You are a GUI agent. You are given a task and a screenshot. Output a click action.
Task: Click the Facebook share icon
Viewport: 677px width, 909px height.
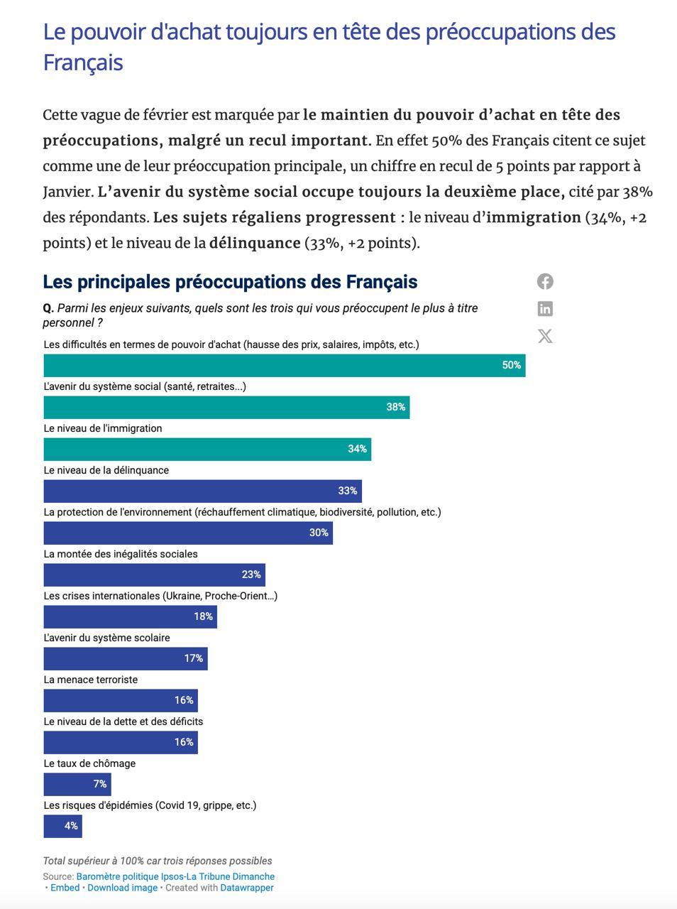pos(545,282)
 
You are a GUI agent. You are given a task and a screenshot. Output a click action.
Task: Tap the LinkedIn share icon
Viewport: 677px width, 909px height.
pos(545,308)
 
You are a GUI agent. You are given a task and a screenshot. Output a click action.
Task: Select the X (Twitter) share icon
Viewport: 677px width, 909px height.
pos(545,336)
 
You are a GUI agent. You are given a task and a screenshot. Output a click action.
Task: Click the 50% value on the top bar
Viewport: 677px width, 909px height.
pos(511,365)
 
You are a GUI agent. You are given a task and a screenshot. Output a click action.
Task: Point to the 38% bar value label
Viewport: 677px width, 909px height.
pos(395,407)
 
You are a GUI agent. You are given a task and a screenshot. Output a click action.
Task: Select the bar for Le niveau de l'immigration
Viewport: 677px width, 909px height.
pos(207,449)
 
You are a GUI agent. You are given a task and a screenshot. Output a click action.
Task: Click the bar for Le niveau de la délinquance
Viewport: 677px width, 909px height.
pos(203,491)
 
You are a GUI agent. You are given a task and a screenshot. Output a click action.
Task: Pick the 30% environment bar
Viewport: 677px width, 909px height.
pos(188,533)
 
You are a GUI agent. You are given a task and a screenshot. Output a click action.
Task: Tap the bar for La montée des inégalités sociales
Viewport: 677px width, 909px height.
pos(155,575)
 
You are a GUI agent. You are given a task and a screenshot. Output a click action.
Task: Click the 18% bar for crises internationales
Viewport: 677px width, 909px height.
pos(131,616)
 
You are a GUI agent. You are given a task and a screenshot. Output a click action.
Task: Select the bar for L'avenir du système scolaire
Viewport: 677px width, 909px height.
pos(126,658)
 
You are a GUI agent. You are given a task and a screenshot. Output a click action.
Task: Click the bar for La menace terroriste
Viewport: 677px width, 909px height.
pos(121,700)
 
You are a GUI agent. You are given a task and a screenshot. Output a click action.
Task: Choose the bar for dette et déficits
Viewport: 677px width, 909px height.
pos(121,742)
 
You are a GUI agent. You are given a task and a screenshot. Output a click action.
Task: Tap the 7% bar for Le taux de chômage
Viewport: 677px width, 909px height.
pos(77,784)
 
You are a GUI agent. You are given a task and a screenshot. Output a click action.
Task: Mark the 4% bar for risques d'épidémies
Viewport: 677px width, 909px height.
pos(63,826)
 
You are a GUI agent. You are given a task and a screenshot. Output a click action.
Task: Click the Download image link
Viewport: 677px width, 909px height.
pos(123,888)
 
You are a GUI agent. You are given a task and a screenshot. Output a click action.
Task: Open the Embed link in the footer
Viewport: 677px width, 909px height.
pos(65,888)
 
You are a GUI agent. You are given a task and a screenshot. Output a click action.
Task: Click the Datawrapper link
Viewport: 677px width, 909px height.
pos(247,888)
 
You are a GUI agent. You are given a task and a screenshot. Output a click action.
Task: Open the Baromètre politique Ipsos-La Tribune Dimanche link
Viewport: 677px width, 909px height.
pos(175,876)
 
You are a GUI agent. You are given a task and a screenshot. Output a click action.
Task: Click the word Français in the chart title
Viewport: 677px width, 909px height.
pos(382,282)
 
